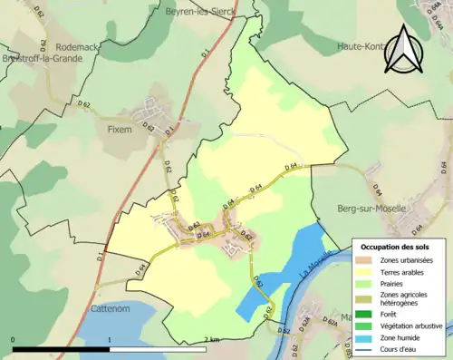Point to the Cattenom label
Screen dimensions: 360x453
(113, 308)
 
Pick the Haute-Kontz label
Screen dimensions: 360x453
(361, 46)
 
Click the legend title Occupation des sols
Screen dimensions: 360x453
(399, 247)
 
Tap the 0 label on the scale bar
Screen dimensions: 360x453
(14, 339)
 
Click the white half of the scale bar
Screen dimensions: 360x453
(159, 349)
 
